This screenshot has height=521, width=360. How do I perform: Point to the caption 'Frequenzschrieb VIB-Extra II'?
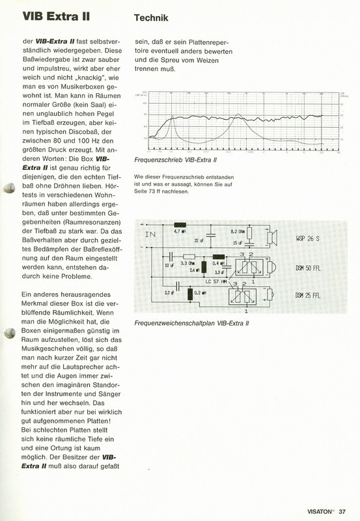click(174, 160)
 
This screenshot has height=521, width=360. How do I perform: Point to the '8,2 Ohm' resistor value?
click(239, 231)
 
